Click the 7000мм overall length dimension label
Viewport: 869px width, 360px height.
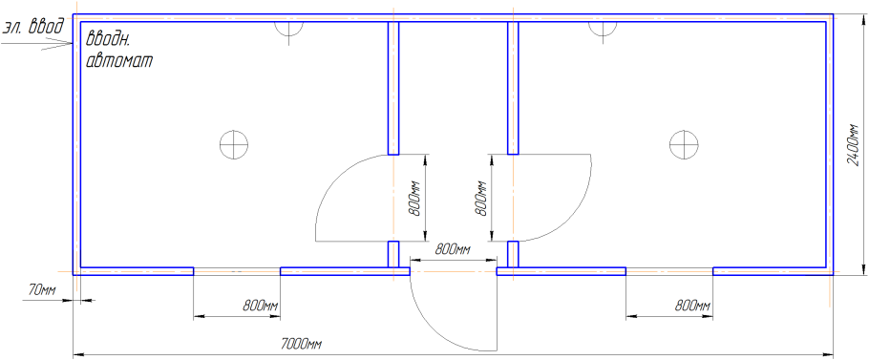(x=302, y=345)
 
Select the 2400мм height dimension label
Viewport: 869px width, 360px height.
(x=854, y=145)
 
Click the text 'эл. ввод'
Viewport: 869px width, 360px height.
(x=33, y=26)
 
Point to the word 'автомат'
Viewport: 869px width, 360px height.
(x=119, y=61)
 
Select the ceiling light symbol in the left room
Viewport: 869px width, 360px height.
(x=233, y=145)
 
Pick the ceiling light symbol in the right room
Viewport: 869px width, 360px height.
(x=683, y=145)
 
